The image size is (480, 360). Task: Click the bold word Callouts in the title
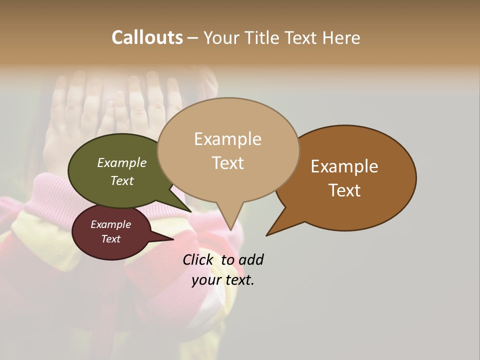pyautogui.click(x=147, y=37)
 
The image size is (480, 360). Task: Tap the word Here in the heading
pyautogui.click(x=341, y=38)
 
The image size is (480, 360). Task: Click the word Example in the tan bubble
pyautogui.click(x=227, y=139)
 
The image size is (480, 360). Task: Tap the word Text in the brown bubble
pyautogui.click(x=344, y=190)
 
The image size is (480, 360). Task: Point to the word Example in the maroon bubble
pyautogui.click(x=110, y=224)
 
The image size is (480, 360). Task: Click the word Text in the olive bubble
pyautogui.click(x=121, y=180)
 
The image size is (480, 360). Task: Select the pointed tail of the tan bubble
pyautogui.click(x=229, y=220)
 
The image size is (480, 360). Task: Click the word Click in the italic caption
pyautogui.click(x=197, y=259)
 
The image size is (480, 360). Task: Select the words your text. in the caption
pyautogui.click(x=223, y=280)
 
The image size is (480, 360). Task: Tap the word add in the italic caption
pyautogui.click(x=251, y=259)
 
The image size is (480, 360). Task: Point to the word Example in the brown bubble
pyautogui.click(x=344, y=166)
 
